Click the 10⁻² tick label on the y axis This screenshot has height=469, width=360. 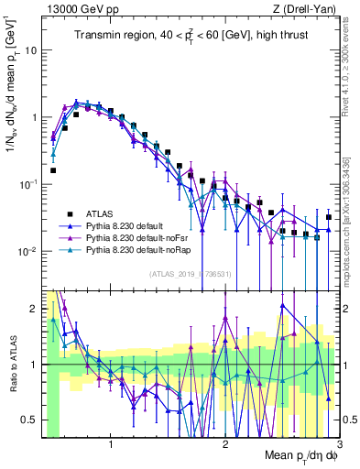(x=27, y=252)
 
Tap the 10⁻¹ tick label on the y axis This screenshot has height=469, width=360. (x=27, y=185)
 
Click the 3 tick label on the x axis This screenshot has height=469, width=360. (x=339, y=446)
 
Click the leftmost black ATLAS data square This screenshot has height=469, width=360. (x=53, y=170)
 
